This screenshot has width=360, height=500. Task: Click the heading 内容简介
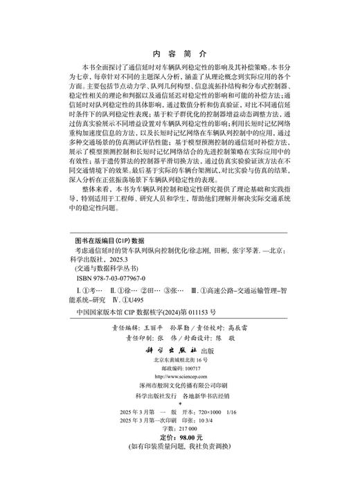tap(179, 54)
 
